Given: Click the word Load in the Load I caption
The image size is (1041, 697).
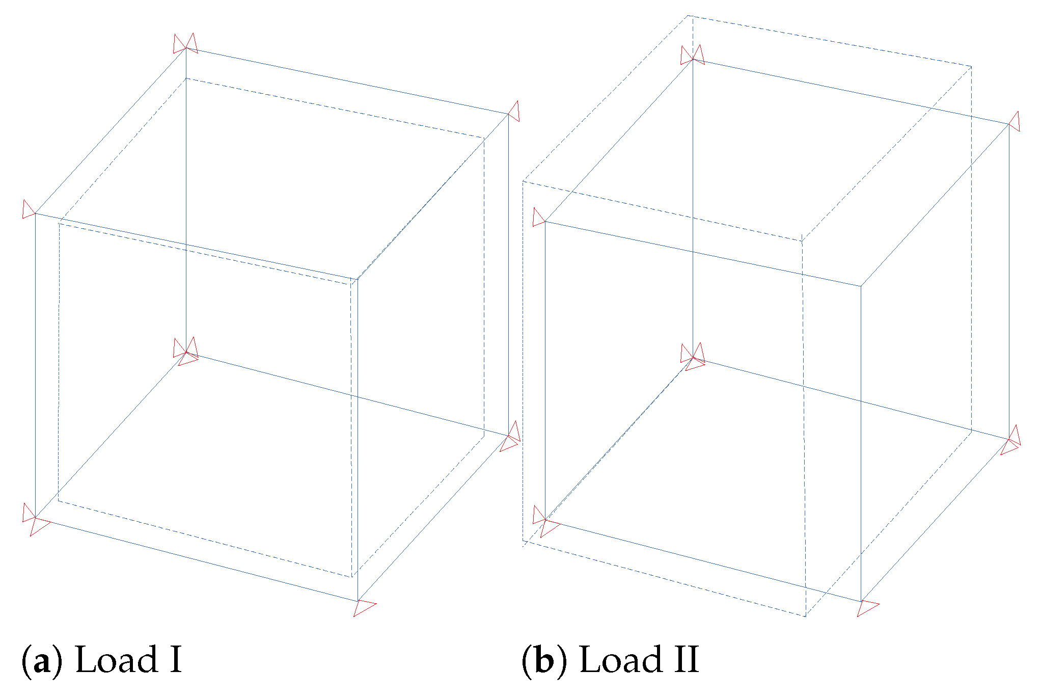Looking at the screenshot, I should click(x=117, y=660).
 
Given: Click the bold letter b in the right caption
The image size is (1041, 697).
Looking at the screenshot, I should click(x=544, y=661).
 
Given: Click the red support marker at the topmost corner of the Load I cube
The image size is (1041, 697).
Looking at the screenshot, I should click(x=185, y=44).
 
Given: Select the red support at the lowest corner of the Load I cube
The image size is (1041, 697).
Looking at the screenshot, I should click(x=363, y=606).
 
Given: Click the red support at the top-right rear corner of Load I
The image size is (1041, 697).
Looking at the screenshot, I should click(x=513, y=112).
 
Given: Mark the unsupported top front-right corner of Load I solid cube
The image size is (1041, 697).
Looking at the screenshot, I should click(x=358, y=279).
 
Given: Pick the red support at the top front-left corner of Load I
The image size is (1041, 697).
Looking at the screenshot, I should click(x=29, y=210).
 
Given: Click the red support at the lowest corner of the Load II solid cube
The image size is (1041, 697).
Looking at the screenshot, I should click(x=867, y=607).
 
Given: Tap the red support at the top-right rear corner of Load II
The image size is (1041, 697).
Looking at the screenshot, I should click(x=1014, y=122).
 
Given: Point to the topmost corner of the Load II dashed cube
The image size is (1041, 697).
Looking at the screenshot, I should click(x=688, y=16).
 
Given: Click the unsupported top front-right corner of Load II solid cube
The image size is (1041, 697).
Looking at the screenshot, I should click(x=861, y=286).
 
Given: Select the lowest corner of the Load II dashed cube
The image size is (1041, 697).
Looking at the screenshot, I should click(x=805, y=616).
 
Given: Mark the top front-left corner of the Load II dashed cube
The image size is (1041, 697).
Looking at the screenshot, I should click(x=523, y=181).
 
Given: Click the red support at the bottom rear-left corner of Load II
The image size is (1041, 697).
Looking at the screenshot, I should click(x=693, y=355).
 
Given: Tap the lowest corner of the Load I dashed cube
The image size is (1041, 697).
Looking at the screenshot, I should click(x=351, y=577).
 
